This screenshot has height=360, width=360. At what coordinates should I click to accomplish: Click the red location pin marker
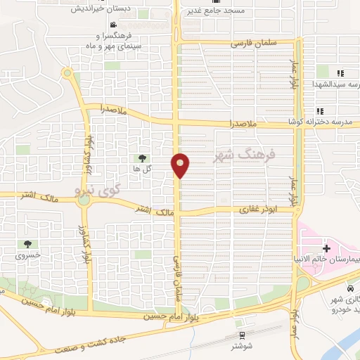tap(180, 165)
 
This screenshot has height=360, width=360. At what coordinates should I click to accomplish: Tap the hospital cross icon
tap(326, 249)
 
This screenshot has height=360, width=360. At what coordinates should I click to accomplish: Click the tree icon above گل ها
tap(143, 158)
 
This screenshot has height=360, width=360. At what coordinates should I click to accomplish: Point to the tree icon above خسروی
tap(27, 245)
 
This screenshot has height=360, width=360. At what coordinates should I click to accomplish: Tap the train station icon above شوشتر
tap(242, 335)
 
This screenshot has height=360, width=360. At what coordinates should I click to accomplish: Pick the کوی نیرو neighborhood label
tap(98, 189)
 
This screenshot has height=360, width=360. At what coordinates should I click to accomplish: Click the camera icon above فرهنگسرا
tap(123, 26)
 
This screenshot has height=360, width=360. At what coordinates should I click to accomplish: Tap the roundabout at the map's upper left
tap(67, 72)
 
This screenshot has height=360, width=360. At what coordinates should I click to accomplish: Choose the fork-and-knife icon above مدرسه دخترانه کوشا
tap(320, 110)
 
